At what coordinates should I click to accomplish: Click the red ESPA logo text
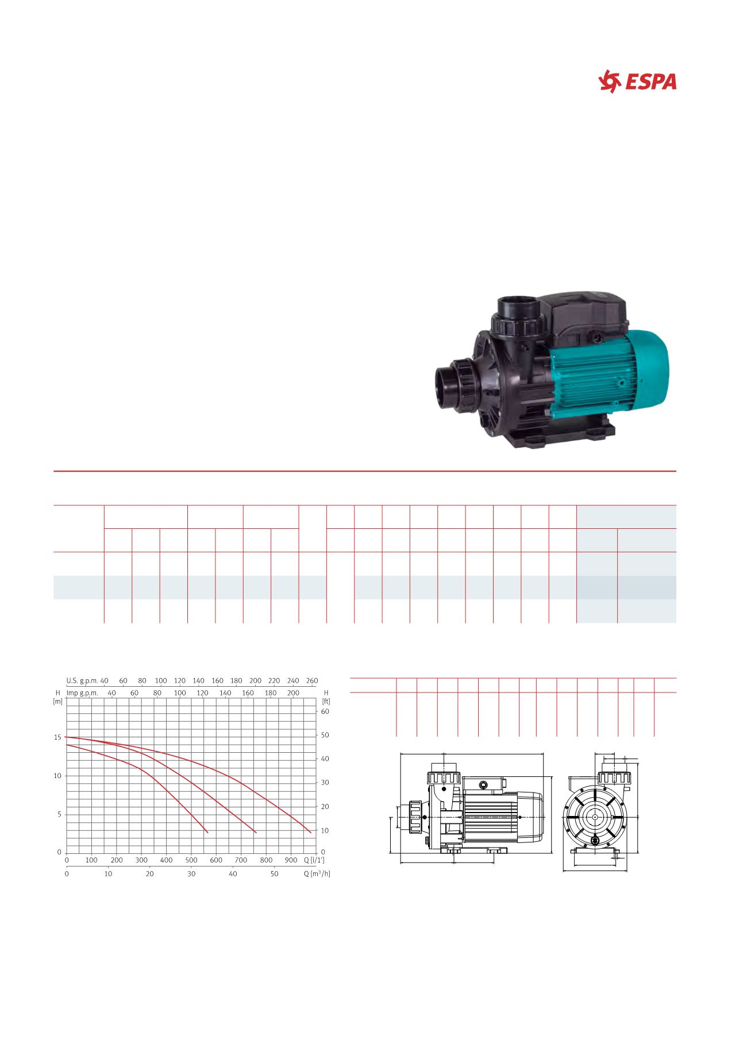(x=650, y=82)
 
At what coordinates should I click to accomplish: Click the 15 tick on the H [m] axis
(x=57, y=737)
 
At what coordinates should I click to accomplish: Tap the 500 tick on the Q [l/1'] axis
(x=191, y=860)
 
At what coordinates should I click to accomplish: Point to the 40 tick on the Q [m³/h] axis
(x=233, y=873)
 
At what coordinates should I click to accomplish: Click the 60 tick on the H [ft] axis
(x=325, y=711)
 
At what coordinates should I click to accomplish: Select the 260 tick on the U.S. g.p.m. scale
(x=311, y=680)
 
